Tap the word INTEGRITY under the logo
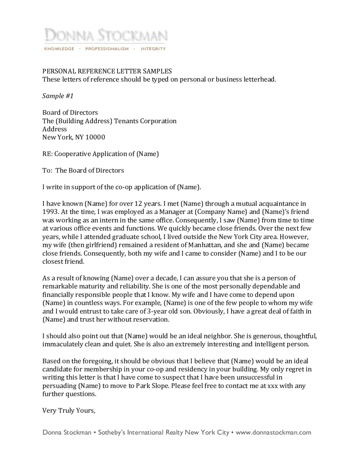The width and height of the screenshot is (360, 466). pyautogui.click(x=153, y=49)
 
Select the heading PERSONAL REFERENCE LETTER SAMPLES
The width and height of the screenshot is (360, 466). pyautogui.click(x=107, y=71)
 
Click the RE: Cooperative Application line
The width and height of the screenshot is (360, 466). pyautogui.click(x=101, y=154)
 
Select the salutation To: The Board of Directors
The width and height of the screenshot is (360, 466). pyautogui.click(x=83, y=170)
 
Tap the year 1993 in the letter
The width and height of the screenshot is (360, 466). pyautogui.click(x=50, y=212)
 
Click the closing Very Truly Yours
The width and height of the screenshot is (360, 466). pyautogui.click(x=69, y=410)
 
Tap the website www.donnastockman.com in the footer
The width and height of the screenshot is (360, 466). pyautogui.click(x=274, y=432)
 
